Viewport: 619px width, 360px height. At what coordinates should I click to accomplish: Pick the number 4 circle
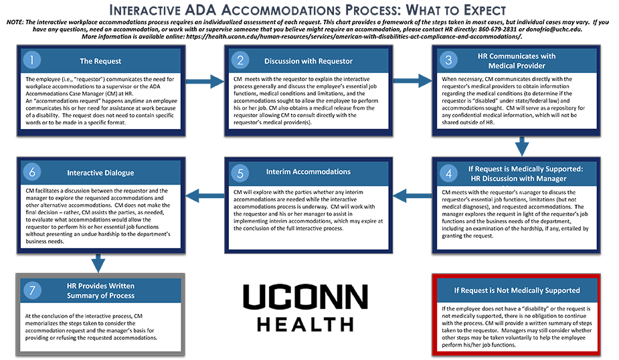(448, 173)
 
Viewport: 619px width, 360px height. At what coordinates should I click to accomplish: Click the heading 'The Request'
(100, 61)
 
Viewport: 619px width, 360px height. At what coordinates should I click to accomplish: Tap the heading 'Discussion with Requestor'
(308, 61)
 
